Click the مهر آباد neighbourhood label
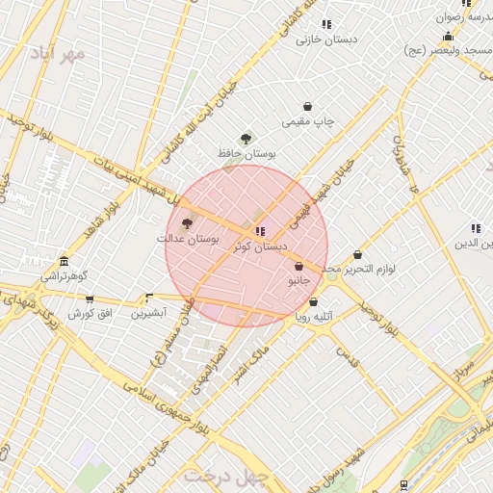(x=57, y=52)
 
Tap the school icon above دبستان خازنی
(x=326, y=24)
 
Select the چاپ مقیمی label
(x=308, y=122)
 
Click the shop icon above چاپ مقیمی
(x=307, y=107)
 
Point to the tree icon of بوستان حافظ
(x=246, y=139)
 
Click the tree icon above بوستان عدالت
(x=187, y=222)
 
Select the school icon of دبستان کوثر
(x=260, y=231)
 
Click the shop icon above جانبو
(x=298, y=267)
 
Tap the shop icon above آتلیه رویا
(x=313, y=301)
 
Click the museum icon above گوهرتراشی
(x=64, y=261)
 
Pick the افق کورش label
(x=91, y=314)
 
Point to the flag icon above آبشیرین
(x=148, y=298)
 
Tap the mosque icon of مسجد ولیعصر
(x=448, y=37)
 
